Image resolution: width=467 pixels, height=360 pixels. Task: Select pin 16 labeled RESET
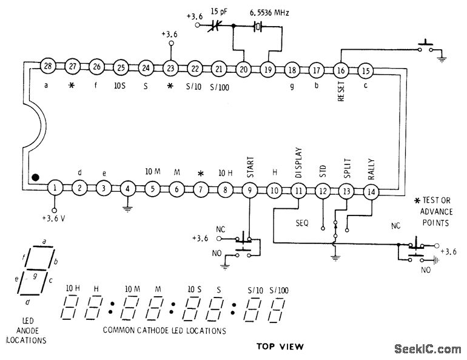click(340, 70)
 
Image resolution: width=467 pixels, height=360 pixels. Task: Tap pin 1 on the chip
click(55, 188)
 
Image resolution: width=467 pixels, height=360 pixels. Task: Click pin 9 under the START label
click(249, 190)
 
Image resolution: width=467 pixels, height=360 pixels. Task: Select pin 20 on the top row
click(243, 69)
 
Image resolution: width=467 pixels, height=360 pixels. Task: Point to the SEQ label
click(302, 223)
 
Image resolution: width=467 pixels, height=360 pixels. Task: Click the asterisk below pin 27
click(72, 86)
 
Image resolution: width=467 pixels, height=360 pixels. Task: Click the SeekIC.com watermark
click(427, 349)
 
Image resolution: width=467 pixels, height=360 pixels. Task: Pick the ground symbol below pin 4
click(127, 209)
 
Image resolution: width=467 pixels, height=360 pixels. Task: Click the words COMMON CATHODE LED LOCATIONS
click(164, 331)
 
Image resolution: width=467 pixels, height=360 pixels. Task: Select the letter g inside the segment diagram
click(35, 275)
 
